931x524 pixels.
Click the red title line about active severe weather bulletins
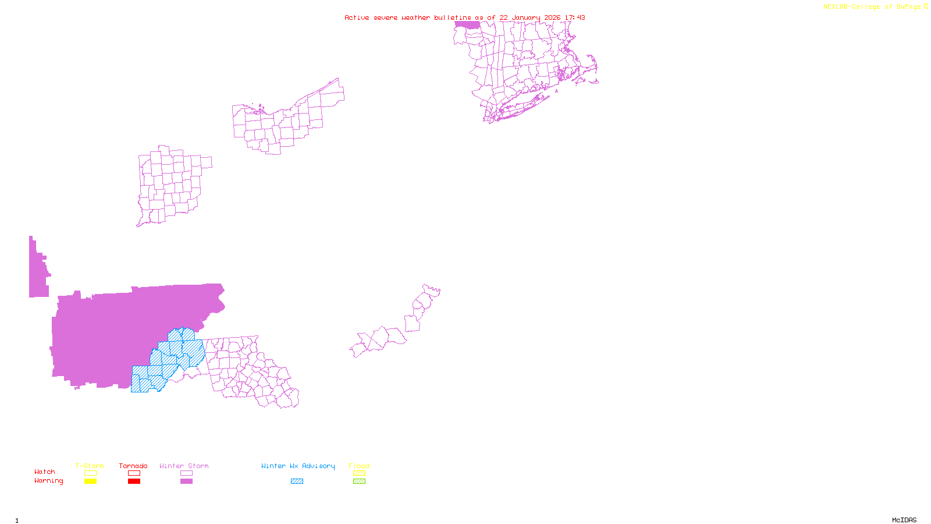[x=464, y=17]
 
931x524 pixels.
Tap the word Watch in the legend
[x=45, y=472]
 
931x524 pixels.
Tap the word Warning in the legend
[x=48, y=481]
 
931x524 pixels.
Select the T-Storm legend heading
[x=90, y=466]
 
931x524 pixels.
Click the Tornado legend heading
[x=133, y=466]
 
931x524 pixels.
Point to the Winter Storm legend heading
[x=184, y=466]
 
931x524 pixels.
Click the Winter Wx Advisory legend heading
[x=298, y=466]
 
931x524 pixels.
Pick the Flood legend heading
[x=359, y=466]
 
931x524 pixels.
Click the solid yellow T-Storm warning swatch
[x=90, y=481]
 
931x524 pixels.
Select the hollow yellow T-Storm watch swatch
[x=90, y=473]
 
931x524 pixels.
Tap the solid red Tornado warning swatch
[x=134, y=481]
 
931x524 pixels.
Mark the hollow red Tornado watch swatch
[x=134, y=473]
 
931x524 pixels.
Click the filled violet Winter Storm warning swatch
[x=186, y=481]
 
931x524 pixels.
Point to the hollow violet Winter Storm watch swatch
[x=186, y=473]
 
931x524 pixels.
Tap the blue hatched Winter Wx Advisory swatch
[x=297, y=481]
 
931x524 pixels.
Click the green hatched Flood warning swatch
[x=359, y=481]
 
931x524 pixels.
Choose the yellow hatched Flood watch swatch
[x=359, y=473]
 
